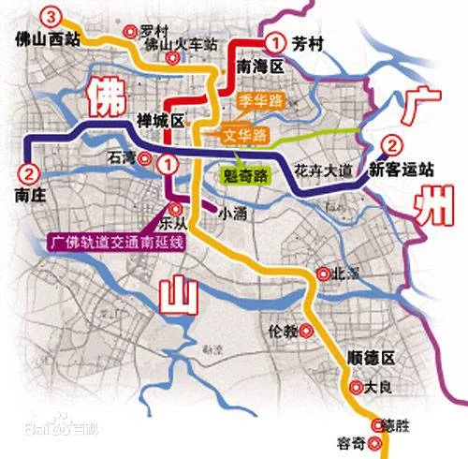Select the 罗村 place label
[155, 30]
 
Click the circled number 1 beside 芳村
[274, 42]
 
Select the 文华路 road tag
[246, 135]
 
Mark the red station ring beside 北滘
[323, 274]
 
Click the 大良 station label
[374, 387]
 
